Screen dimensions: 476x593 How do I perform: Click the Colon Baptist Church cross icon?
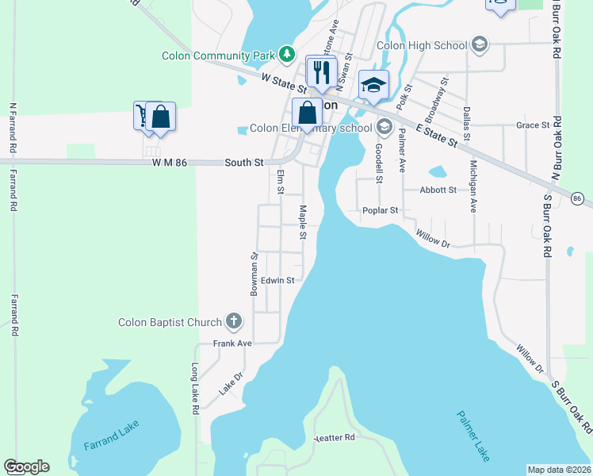(233, 321)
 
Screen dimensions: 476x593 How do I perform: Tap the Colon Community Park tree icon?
(286, 56)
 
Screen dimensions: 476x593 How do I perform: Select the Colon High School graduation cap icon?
(478, 44)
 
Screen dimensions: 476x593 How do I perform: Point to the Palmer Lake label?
(473, 436)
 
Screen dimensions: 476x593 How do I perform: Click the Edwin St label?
(278, 280)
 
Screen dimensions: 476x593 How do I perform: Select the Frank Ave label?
(232, 344)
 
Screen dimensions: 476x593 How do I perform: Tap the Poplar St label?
(380, 211)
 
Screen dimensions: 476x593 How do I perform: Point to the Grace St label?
(533, 125)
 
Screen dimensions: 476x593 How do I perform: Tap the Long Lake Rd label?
(194, 390)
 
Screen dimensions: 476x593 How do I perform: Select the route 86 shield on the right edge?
(576, 198)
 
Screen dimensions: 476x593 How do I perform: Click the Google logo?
(26, 466)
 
